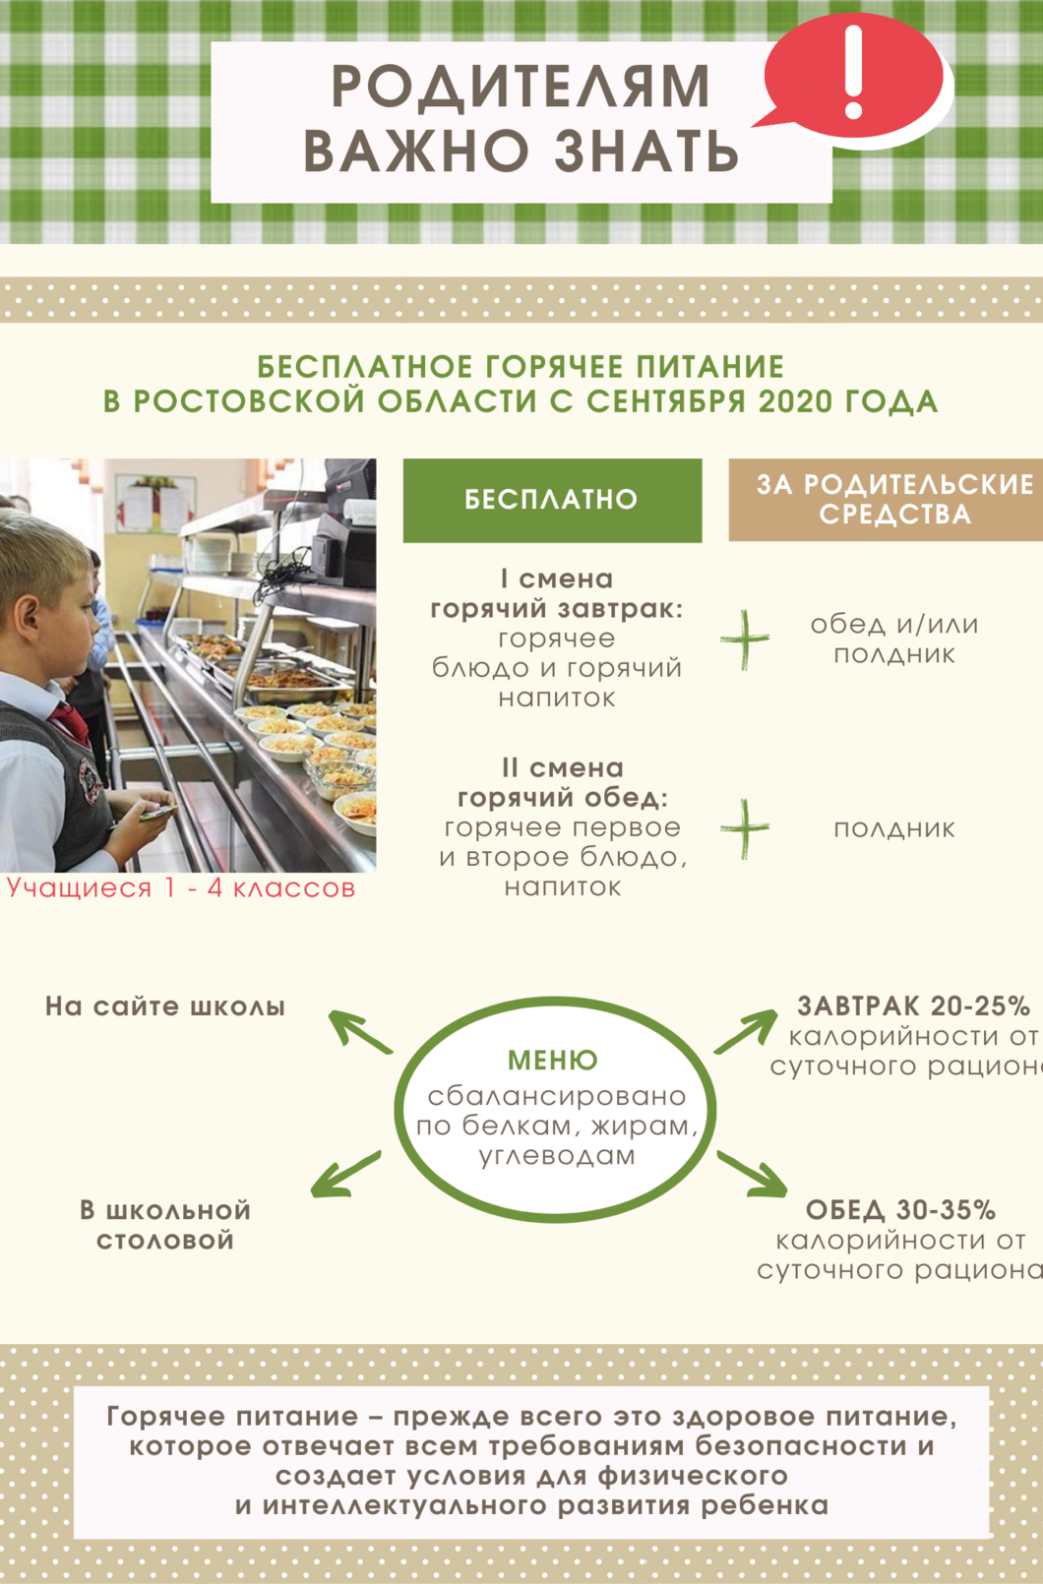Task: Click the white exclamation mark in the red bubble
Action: point(853,72)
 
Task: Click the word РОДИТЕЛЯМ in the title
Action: point(521,87)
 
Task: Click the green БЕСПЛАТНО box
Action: point(552,500)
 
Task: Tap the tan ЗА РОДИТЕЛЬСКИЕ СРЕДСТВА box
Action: point(886,499)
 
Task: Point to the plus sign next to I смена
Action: point(745,640)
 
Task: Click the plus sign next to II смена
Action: point(745,828)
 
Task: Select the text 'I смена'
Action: point(557,579)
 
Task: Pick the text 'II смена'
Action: point(562,768)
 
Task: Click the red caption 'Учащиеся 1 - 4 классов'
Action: point(181,887)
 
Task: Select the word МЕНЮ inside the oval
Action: point(553,1060)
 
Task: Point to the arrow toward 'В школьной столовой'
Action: point(345,1175)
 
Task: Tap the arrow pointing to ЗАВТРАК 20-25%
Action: point(746,1030)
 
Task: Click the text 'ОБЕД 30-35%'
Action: point(900,1210)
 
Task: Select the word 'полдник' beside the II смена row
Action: point(894,828)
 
